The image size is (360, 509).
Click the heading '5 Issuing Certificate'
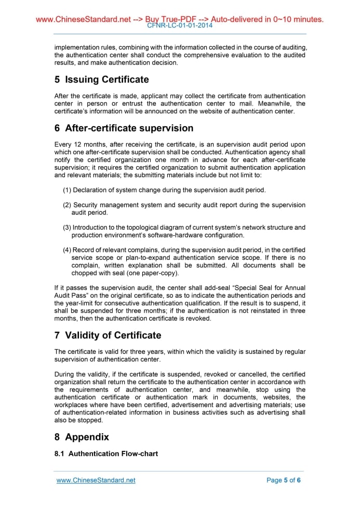click(101, 79)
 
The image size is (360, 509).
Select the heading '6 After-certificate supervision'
click(124, 128)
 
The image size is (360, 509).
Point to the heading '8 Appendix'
click(82, 437)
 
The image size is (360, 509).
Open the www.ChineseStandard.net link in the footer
click(96, 480)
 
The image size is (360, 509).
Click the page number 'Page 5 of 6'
click(283, 480)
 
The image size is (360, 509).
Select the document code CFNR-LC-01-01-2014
click(180, 25)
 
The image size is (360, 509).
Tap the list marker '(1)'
click(67, 190)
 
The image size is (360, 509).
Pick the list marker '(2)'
click(67, 205)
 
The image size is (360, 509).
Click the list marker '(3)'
click(67, 227)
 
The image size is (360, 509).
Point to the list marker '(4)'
click(67, 250)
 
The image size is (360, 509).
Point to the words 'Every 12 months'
click(78, 144)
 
